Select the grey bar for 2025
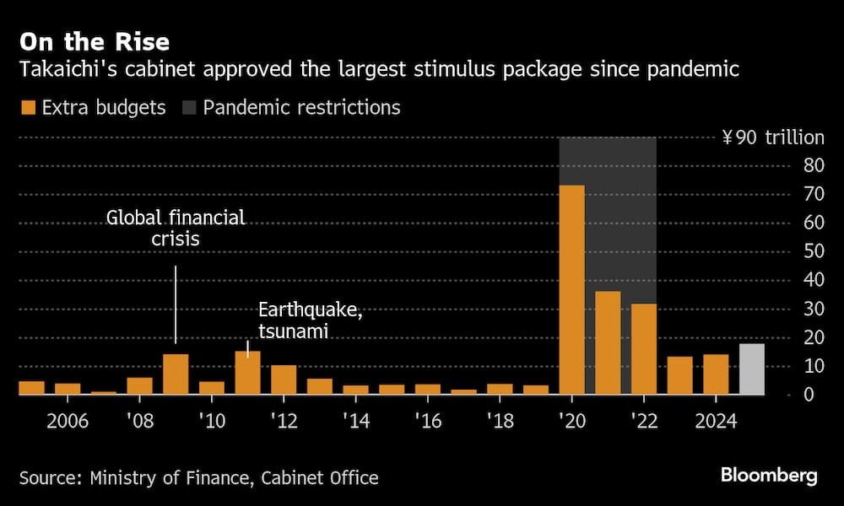click(751, 369)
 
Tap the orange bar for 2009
click(176, 374)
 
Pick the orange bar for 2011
click(247, 372)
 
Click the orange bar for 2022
click(643, 348)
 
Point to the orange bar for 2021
click(608, 342)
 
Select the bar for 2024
click(716, 374)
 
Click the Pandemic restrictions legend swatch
click(187, 108)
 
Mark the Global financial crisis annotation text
click(176, 229)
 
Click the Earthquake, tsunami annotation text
click(310, 320)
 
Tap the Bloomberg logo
click(769, 476)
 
